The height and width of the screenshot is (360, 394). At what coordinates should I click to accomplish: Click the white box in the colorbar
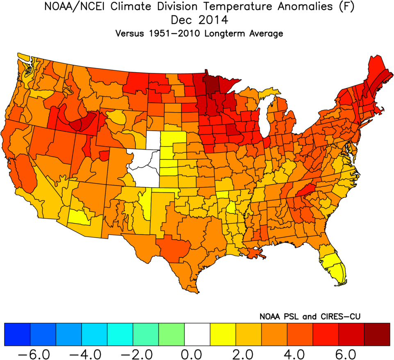pyautogui.click(x=197, y=334)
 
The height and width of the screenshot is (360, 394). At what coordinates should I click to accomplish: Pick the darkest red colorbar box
pyautogui.click(x=377, y=334)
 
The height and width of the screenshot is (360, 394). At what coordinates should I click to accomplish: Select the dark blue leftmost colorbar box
pyautogui.click(x=17, y=334)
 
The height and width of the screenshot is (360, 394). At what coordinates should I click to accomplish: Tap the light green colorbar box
pyautogui.click(x=171, y=334)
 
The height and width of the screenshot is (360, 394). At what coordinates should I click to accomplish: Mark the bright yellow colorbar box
pyautogui.click(x=223, y=334)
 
